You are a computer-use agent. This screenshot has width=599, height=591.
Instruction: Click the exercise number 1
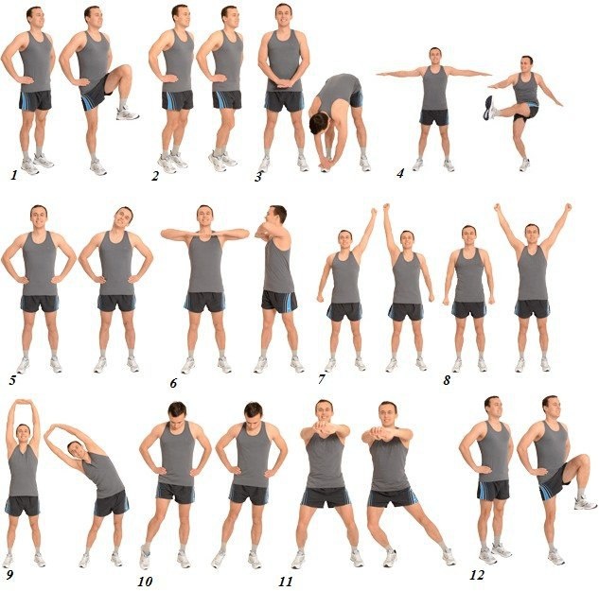point(14,175)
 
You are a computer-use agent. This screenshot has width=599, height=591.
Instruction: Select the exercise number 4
point(400,173)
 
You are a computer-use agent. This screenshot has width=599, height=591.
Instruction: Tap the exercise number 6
point(173,383)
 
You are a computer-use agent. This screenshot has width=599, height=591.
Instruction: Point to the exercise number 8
point(447,380)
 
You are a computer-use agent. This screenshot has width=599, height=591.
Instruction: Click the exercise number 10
point(145,582)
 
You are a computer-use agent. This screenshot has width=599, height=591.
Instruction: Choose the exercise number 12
point(477,575)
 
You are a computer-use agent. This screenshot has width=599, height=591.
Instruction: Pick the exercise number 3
point(258,177)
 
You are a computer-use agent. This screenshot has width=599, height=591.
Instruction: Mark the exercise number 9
point(9,575)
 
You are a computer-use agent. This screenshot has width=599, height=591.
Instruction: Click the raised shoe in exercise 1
point(127,113)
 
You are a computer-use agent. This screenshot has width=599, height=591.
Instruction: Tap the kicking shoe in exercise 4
point(488,108)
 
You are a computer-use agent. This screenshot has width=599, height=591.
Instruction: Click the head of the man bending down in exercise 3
point(319,123)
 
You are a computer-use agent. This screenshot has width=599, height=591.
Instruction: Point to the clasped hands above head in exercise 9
point(24,402)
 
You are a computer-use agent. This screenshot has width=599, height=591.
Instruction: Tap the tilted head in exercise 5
point(123,217)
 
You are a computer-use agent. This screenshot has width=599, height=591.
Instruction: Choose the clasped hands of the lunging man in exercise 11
point(379,433)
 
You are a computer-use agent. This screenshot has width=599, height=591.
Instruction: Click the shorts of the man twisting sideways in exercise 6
point(279,302)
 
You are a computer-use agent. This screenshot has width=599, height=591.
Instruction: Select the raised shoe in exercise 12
point(585,503)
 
